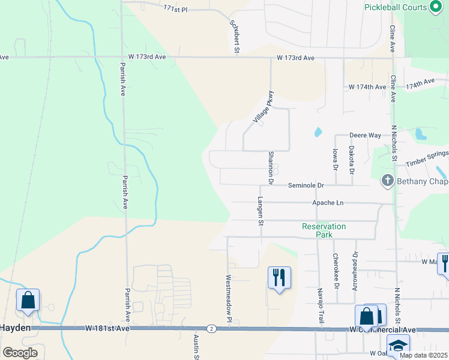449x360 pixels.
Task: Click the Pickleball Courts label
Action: tap(395, 8)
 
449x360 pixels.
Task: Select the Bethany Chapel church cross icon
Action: tap(388, 180)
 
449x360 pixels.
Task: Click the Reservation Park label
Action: tap(324, 230)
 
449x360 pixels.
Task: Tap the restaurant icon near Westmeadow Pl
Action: tap(279, 277)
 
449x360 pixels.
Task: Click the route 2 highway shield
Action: tap(211, 328)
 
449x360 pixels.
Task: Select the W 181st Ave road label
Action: tap(107, 328)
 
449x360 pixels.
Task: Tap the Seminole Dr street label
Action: tap(306, 186)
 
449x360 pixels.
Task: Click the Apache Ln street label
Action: tap(328, 203)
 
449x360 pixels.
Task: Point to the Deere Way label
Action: tap(366, 136)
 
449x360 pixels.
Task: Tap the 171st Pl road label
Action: tap(175, 9)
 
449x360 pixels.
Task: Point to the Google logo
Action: tap(20, 353)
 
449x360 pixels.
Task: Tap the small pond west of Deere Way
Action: tap(318, 131)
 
